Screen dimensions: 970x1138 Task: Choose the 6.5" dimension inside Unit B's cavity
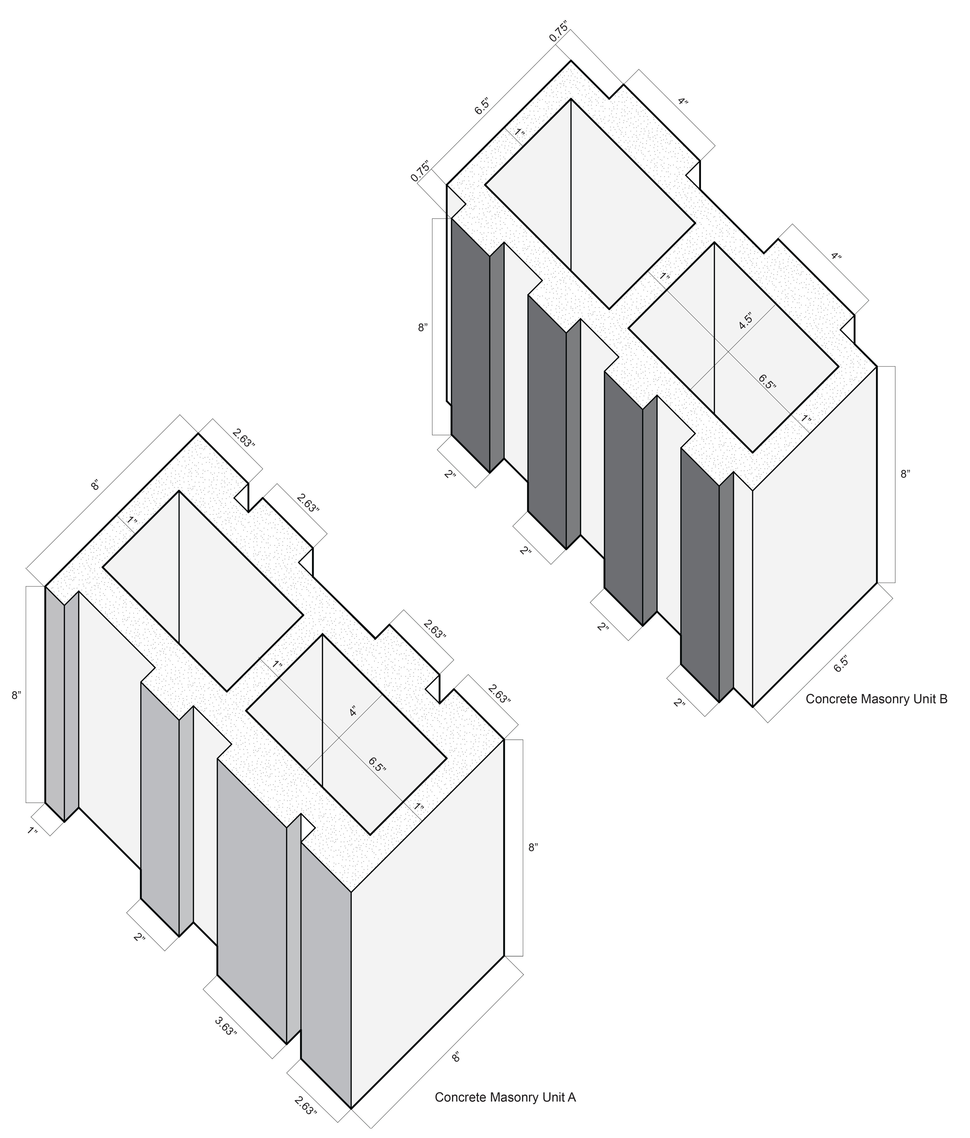pyautogui.click(x=768, y=382)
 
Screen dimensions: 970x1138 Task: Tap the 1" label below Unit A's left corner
pyautogui.click(x=33, y=830)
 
